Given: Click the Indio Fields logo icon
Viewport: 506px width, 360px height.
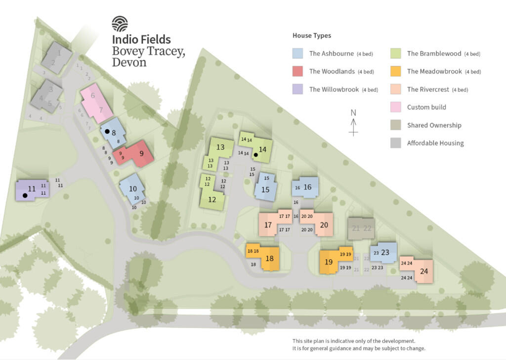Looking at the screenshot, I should click(x=120, y=24).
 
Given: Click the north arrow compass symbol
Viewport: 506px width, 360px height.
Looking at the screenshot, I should click(x=353, y=123).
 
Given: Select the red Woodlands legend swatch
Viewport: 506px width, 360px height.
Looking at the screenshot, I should click(x=298, y=71).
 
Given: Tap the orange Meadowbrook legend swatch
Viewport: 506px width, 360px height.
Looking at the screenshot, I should click(x=395, y=71).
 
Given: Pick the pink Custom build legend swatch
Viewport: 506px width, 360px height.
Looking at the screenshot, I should click(x=395, y=107).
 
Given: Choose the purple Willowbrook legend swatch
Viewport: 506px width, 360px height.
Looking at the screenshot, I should click(x=298, y=90).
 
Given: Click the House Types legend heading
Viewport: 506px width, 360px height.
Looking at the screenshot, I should click(x=312, y=36).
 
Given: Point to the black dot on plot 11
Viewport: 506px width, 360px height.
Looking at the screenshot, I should click(x=25, y=195).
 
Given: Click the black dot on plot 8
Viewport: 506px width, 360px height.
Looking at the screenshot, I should click(x=107, y=132).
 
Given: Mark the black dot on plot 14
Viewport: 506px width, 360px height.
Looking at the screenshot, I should click(x=256, y=155).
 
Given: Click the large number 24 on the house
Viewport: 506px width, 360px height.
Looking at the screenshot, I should click(x=424, y=271).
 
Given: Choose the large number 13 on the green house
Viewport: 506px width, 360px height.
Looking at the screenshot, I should click(x=220, y=147).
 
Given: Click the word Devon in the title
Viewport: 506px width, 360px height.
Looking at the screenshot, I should click(x=129, y=63).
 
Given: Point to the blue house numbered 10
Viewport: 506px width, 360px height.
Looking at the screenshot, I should click(x=132, y=188).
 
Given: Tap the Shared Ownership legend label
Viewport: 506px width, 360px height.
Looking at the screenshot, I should click(x=434, y=125).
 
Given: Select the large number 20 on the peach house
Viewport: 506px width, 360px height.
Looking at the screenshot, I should click(x=324, y=225).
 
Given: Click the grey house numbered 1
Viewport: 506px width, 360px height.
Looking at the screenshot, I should click(x=57, y=57).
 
